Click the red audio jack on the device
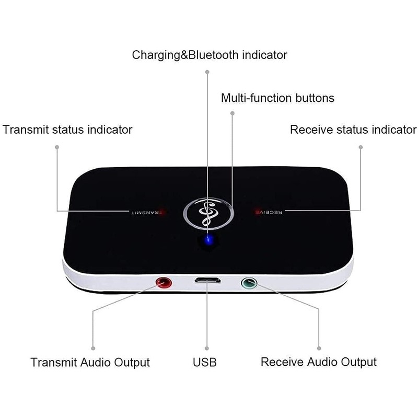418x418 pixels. tap(165, 284)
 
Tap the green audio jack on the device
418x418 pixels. tap(249, 284)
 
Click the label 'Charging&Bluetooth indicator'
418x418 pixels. tap(209, 54)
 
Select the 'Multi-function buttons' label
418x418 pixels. tap(277, 98)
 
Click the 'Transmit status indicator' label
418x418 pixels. tap(67, 129)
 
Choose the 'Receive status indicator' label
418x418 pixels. tap(353, 129)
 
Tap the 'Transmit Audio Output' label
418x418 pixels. tap(90, 362)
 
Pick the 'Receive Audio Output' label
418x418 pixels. tap(319, 362)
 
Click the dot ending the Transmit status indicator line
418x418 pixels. tap(56, 147)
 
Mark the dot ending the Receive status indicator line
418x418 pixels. tap(361, 147)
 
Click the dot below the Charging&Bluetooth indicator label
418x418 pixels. tap(207, 72)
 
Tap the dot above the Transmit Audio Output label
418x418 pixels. tap(94, 347)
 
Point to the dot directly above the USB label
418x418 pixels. tap(206, 347)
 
